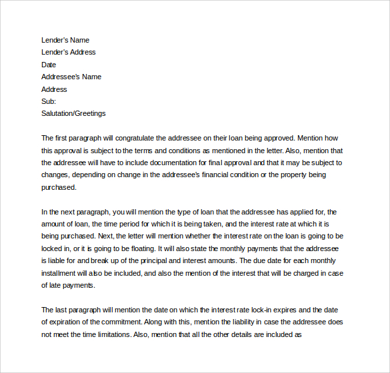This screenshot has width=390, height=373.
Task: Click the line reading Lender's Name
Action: click(x=65, y=40)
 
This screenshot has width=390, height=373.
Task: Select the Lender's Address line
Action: click(x=69, y=52)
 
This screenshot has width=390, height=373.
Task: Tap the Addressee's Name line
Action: click(x=71, y=77)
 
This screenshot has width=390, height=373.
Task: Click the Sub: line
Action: click(x=49, y=101)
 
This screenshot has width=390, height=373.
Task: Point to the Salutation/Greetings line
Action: click(x=73, y=113)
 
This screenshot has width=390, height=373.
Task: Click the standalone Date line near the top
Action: click(x=49, y=65)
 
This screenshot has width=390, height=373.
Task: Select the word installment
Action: click(x=59, y=273)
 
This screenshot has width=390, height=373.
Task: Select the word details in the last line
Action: click(x=250, y=335)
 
